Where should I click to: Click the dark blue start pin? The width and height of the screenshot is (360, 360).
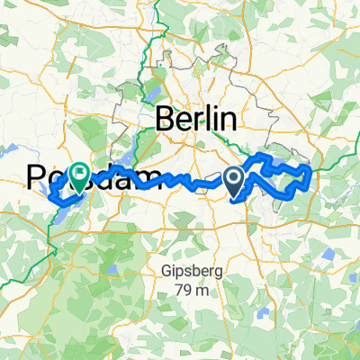click(x=234, y=182)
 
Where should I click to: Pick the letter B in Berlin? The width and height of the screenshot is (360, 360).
click(x=166, y=119)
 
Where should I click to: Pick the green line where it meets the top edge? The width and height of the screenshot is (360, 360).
click(x=155, y=3)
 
